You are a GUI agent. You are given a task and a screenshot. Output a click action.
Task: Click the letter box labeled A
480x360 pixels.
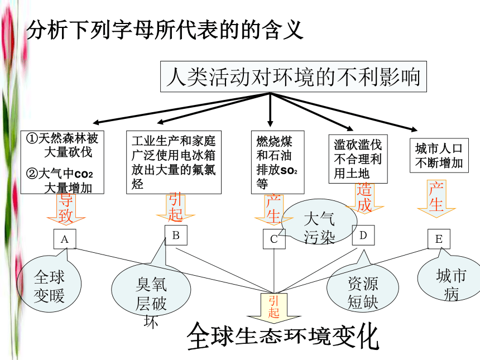[x=65, y=239]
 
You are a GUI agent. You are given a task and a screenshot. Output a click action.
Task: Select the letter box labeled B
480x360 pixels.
[x=176, y=235]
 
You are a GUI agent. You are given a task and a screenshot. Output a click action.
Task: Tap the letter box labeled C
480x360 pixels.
[x=274, y=239]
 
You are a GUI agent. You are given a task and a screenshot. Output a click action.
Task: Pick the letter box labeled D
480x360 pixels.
[x=363, y=235]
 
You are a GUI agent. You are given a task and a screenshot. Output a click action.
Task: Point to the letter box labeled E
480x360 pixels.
[x=439, y=239]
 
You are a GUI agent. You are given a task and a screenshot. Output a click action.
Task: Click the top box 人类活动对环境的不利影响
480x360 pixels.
[x=293, y=76]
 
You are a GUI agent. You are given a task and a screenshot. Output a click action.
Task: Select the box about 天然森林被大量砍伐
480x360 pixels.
[x=62, y=162]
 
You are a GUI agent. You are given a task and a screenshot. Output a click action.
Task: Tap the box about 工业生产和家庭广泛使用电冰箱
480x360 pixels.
[x=174, y=162]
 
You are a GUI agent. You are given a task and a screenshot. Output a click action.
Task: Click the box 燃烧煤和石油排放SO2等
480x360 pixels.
[x=277, y=162]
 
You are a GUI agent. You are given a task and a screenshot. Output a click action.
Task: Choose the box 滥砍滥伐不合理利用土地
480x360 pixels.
[x=358, y=159]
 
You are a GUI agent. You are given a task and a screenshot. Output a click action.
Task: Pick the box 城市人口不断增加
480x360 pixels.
[x=439, y=156]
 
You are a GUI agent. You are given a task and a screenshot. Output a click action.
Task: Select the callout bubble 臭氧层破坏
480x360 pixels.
[x=151, y=289]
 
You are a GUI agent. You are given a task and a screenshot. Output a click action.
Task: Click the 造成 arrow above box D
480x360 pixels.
[x=364, y=198]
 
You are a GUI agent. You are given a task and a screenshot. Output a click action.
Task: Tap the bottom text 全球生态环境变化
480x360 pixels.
[x=283, y=336]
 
